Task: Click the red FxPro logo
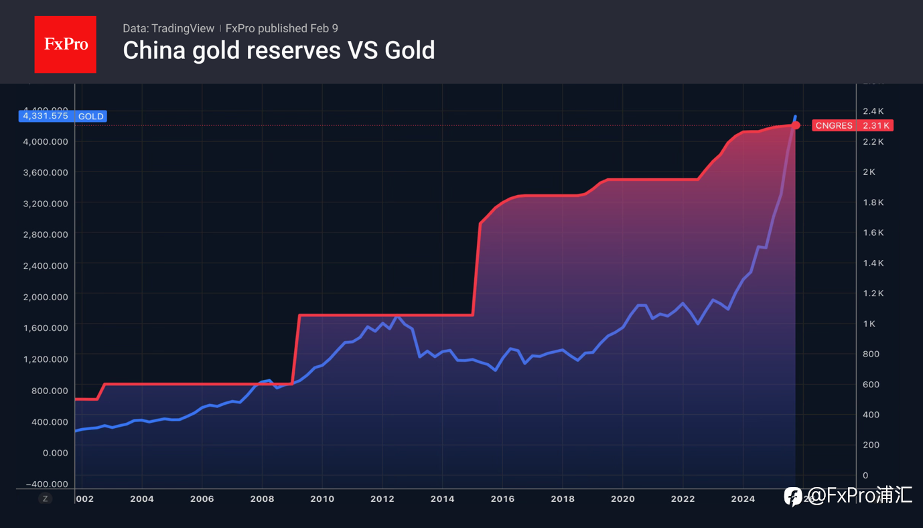(65, 44)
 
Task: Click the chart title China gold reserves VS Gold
(279, 50)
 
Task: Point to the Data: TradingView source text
(168, 28)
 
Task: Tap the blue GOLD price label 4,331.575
(63, 116)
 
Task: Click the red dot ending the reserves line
(796, 125)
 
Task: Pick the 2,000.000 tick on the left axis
(45, 296)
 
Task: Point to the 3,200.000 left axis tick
(45, 203)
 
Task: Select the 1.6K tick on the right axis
(873, 233)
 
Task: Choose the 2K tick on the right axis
(869, 172)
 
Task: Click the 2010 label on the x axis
(322, 499)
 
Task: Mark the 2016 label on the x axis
(502, 499)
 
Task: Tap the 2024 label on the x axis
(743, 499)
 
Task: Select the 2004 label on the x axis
(142, 499)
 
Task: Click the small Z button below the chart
(45, 499)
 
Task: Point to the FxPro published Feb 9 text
(281, 28)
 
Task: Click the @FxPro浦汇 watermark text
(860, 496)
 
